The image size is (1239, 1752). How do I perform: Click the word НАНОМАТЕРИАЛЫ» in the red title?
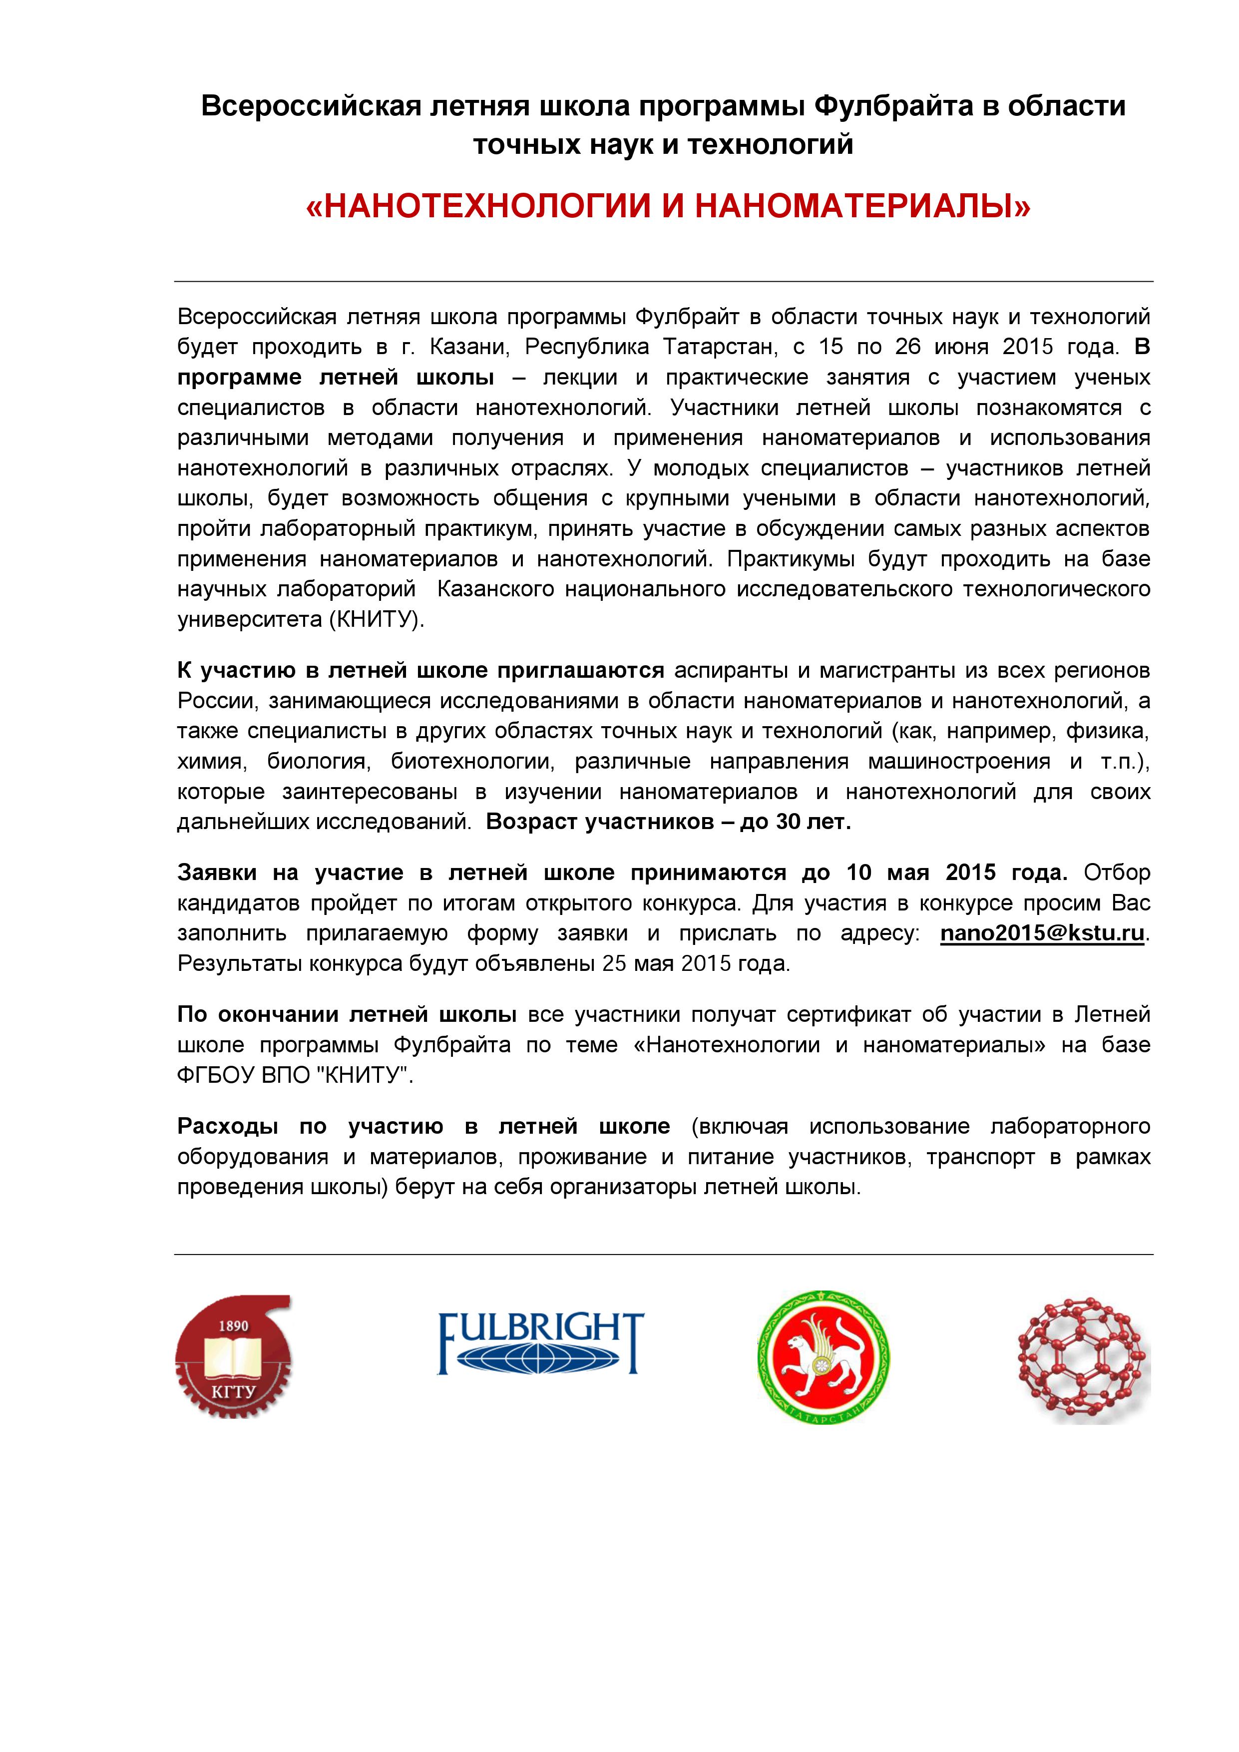[x=862, y=206]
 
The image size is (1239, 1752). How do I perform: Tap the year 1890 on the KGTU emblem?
[x=233, y=1325]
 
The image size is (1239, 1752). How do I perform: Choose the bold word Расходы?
[x=227, y=1126]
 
